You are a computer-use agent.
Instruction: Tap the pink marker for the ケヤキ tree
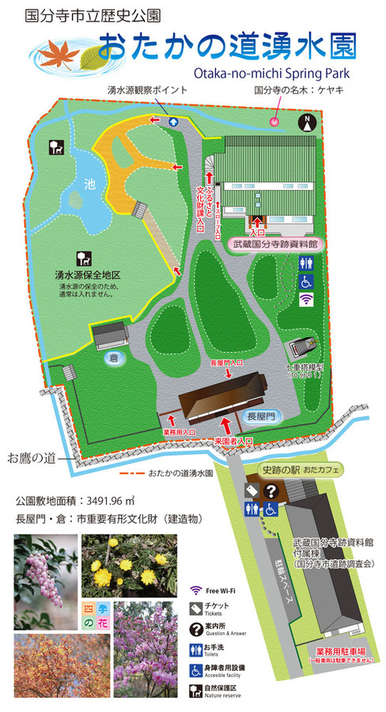pyautogui.click(x=275, y=121)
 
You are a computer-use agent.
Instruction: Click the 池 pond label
pyautogui.click(x=90, y=184)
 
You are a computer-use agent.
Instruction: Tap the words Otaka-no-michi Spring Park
pyautogui.click(x=269, y=74)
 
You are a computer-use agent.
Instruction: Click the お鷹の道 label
pyautogui.click(x=31, y=457)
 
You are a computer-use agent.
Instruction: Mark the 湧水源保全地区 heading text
pyautogui.click(x=87, y=275)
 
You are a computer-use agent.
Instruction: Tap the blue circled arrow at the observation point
pyautogui.click(x=173, y=122)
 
